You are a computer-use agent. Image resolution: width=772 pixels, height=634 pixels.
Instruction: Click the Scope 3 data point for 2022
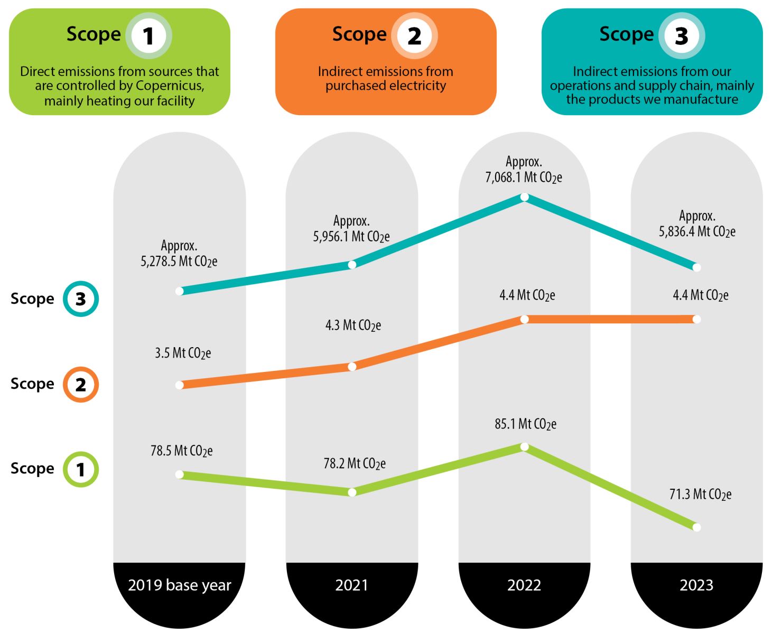click(x=524, y=197)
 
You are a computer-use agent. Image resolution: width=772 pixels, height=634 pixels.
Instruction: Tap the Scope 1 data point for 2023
click(x=696, y=527)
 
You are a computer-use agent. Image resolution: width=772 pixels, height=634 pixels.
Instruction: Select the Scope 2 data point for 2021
click(x=352, y=367)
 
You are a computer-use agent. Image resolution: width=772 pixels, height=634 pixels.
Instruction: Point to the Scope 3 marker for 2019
click(x=180, y=291)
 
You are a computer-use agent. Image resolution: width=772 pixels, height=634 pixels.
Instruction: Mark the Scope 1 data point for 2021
click(x=352, y=492)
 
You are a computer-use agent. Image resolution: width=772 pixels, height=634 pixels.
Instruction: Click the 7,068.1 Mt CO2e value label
click(x=523, y=178)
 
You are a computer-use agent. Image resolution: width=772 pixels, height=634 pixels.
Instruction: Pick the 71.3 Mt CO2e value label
click(x=700, y=495)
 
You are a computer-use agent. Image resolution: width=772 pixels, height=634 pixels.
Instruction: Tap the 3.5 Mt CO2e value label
click(x=183, y=353)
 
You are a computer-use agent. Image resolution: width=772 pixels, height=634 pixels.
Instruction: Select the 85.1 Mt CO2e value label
click(x=525, y=424)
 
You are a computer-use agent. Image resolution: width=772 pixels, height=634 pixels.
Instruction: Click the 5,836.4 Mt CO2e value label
click(x=697, y=231)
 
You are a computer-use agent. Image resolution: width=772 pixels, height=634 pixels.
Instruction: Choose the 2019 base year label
click(x=180, y=585)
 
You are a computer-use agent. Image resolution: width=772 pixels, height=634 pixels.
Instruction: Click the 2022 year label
click(x=524, y=585)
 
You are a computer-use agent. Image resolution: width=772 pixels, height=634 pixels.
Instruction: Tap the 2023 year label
click(x=696, y=585)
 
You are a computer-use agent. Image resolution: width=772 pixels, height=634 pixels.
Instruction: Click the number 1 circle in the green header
click(x=148, y=36)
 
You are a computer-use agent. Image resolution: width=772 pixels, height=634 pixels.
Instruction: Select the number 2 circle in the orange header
click(x=414, y=36)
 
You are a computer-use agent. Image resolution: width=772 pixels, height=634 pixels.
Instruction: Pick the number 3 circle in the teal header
click(x=681, y=36)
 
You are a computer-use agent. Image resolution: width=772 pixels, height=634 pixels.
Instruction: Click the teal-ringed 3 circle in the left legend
click(x=81, y=299)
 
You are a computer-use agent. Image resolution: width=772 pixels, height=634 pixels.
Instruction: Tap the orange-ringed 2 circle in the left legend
click(x=81, y=384)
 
